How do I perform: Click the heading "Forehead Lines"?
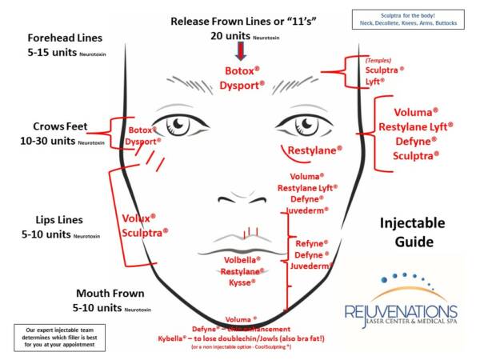pos(66,38)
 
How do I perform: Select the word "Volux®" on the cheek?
pos(138,218)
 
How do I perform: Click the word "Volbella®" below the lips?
pos(238,258)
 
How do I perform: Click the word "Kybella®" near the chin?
pos(178,340)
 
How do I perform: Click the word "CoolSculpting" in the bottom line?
pos(277,350)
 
